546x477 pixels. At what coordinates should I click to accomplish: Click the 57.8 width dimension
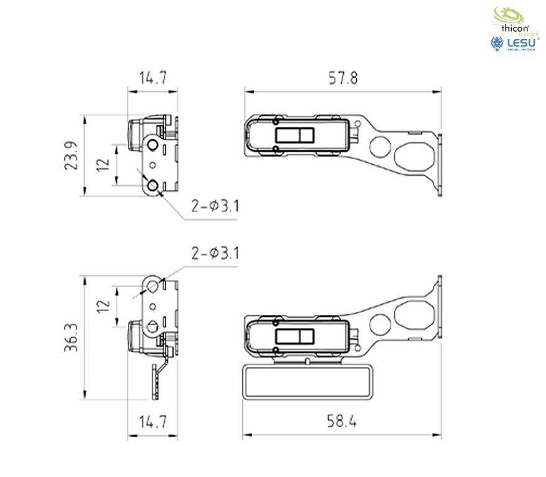[343, 78]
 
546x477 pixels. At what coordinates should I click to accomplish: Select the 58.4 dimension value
[342, 422]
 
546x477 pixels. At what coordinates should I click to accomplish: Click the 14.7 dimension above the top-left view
[153, 78]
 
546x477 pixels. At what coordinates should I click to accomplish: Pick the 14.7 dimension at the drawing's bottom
[153, 422]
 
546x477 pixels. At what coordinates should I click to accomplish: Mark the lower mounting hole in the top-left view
[153, 185]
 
